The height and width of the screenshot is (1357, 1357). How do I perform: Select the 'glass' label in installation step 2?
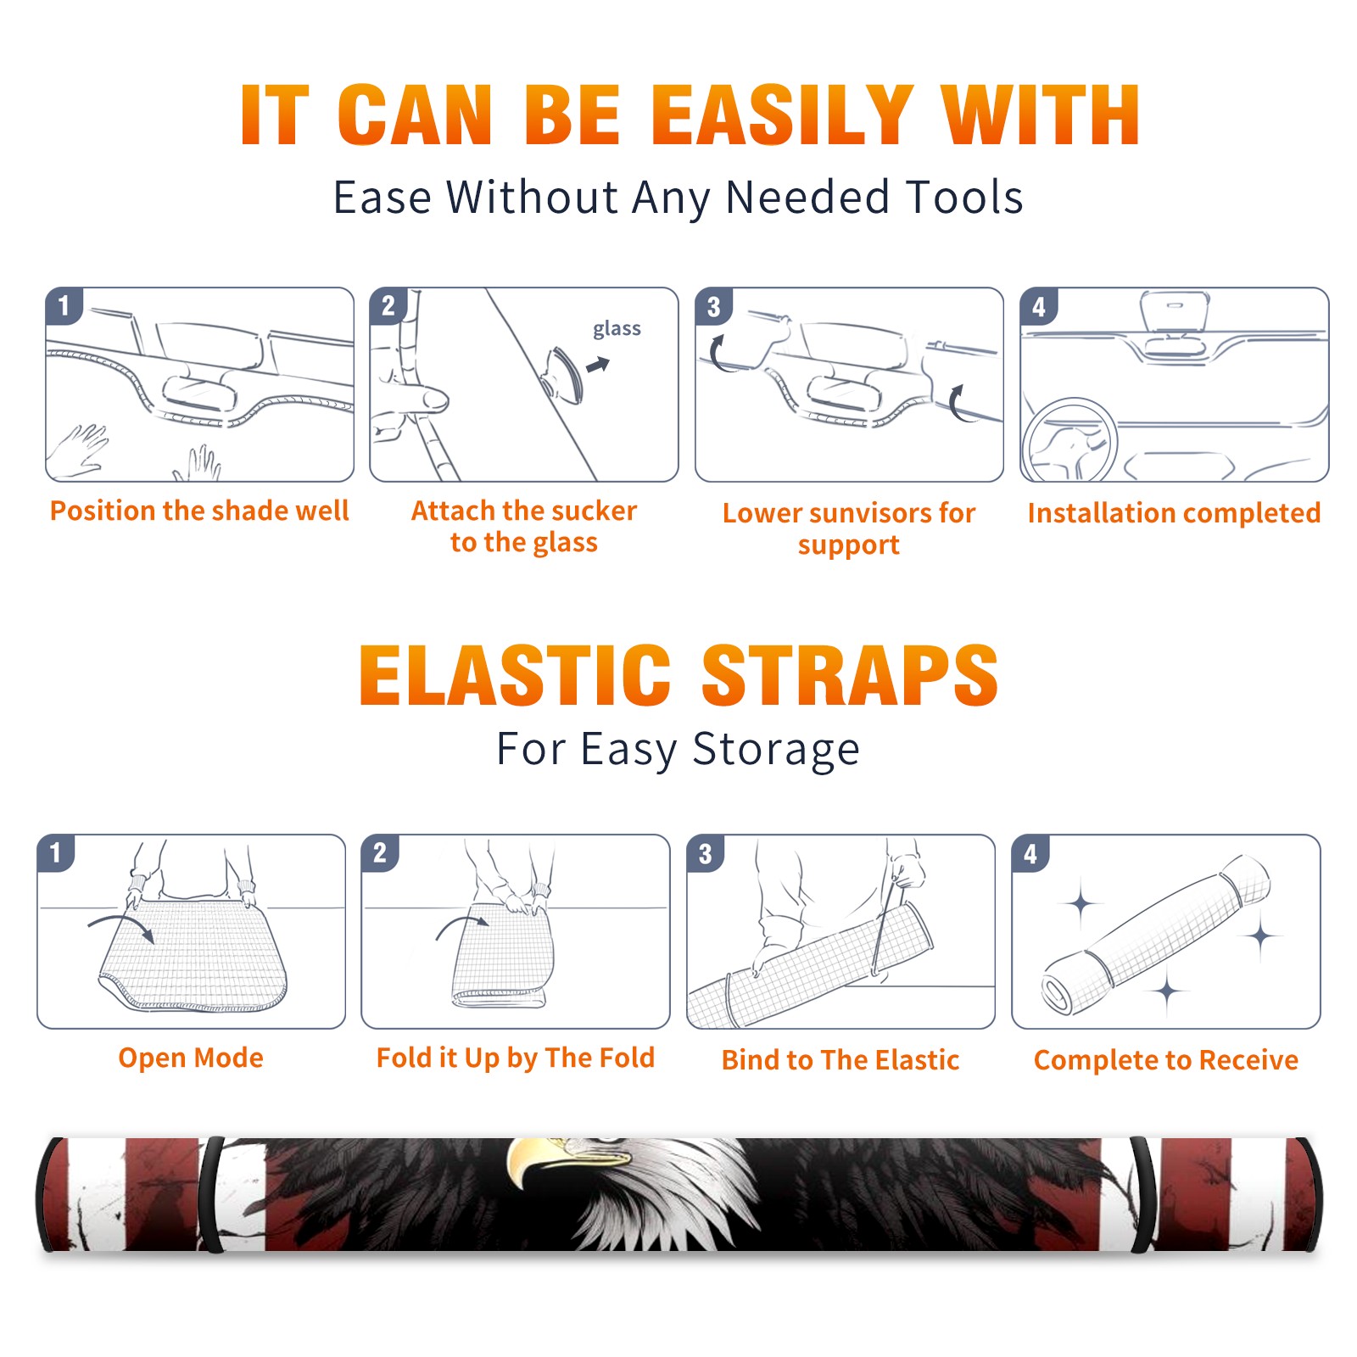tap(617, 328)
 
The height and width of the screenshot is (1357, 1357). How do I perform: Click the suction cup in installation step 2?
tap(563, 374)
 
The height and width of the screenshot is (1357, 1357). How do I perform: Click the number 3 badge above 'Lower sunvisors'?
tap(713, 307)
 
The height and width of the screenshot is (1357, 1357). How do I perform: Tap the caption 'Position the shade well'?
tap(199, 511)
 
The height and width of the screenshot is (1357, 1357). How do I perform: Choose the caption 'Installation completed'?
tap(1174, 512)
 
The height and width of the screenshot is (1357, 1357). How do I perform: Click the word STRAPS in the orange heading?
tap(850, 675)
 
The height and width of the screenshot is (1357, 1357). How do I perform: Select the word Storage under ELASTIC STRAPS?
tap(776, 750)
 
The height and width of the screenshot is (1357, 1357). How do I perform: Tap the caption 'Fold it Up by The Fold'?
tap(516, 1058)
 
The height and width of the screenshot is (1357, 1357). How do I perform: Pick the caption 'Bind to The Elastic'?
tap(840, 1059)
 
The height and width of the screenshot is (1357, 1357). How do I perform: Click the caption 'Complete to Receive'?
tap(1166, 1059)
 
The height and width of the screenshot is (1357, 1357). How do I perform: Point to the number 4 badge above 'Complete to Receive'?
tap(1030, 853)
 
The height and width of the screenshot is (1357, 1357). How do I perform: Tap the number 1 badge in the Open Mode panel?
tap(56, 853)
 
